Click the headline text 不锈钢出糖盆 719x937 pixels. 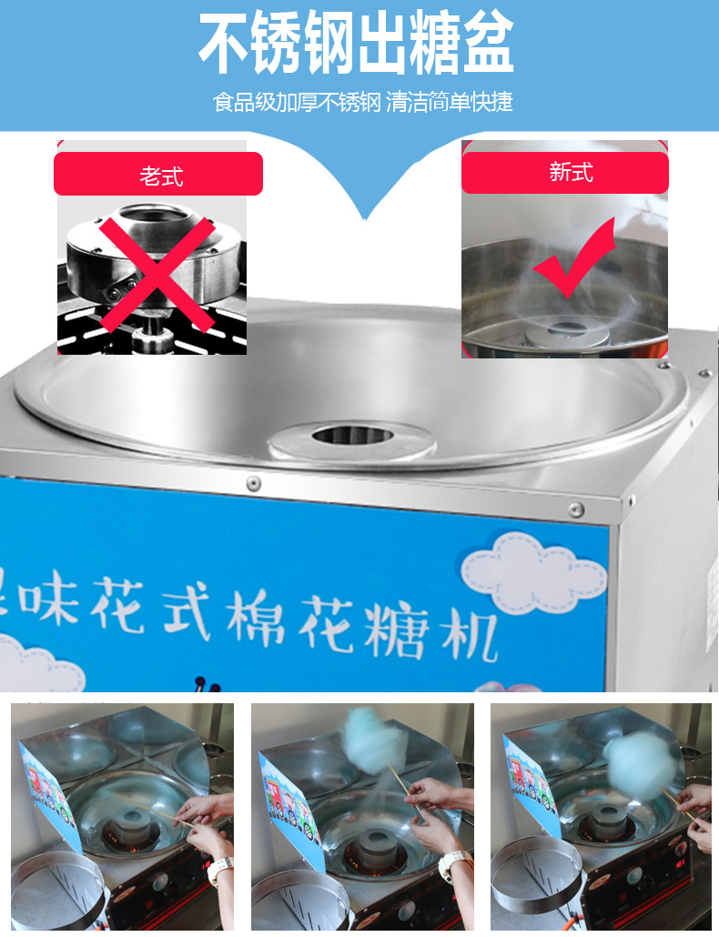[x=357, y=44]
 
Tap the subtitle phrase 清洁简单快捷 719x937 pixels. [x=450, y=102]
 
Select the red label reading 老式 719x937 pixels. [x=158, y=174]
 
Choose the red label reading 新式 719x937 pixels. [x=564, y=172]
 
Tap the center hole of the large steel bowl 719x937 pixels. [x=352, y=435]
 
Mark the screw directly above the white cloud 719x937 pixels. [x=575, y=509]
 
